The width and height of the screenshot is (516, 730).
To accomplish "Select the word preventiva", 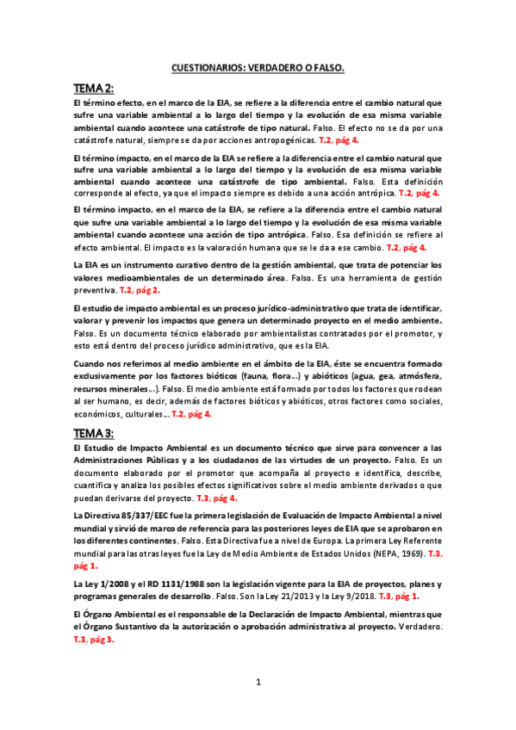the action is [x=95, y=291].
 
